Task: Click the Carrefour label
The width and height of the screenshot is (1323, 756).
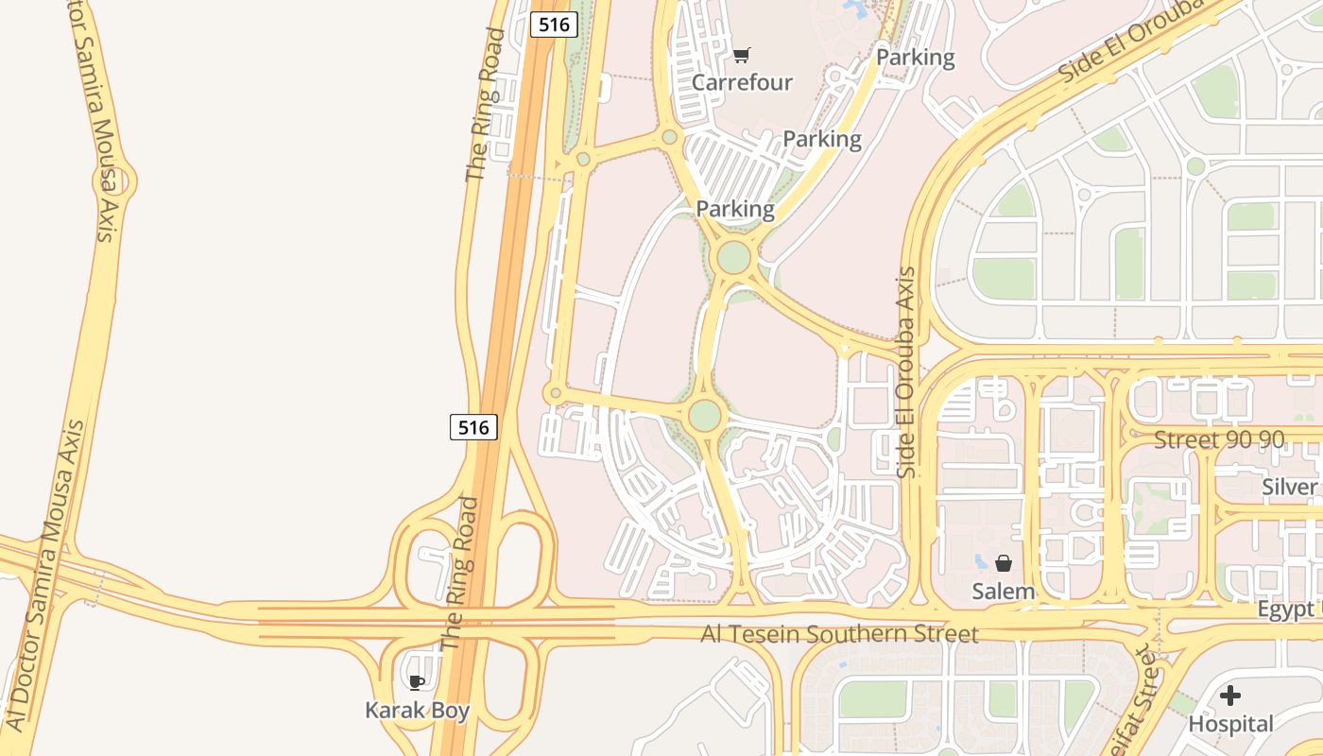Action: click(x=742, y=82)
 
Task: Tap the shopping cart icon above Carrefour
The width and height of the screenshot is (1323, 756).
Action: click(x=742, y=56)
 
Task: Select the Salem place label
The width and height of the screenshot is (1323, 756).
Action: click(x=1004, y=592)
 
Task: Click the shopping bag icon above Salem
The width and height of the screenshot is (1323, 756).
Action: click(x=1004, y=563)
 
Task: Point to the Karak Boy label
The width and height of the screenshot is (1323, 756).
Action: click(x=417, y=710)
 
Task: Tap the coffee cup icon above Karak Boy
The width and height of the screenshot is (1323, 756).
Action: click(x=416, y=682)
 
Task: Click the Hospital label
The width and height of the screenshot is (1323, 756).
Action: click(x=1230, y=724)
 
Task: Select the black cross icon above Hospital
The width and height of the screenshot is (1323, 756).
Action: click(x=1229, y=696)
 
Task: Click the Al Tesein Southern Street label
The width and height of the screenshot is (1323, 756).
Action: click(x=839, y=633)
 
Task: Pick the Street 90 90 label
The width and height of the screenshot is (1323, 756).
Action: click(x=1219, y=439)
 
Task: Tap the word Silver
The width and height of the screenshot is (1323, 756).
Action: click(x=1290, y=487)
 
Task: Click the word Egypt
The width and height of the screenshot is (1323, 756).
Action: click(x=1285, y=610)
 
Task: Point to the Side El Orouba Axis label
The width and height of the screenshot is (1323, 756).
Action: click(x=907, y=371)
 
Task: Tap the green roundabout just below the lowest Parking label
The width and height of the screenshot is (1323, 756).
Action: click(x=733, y=257)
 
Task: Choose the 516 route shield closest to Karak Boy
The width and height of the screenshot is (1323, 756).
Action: click(x=472, y=427)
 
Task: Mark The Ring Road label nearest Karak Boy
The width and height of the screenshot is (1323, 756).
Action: click(x=463, y=572)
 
